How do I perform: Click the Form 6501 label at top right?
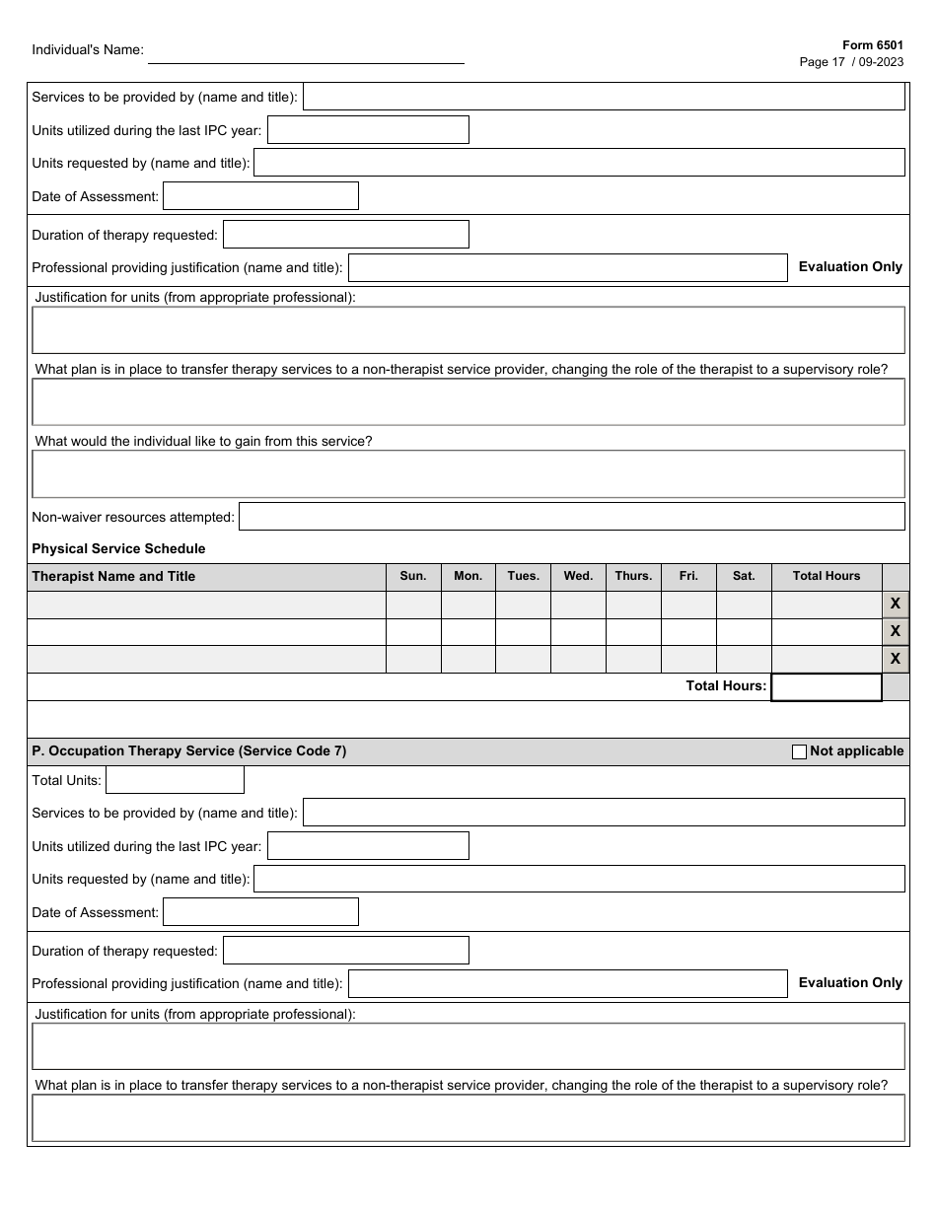click(x=872, y=45)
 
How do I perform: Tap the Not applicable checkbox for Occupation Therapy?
click(x=799, y=751)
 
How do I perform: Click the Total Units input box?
click(x=175, y=780)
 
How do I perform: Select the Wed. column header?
click(x=578, y=576)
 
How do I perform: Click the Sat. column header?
click(x=744, y=576)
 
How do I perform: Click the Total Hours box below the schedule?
click(x=826, y=686)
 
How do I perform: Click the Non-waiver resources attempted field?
click(x=571, y=517)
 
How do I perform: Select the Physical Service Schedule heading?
click(x=118, y=548)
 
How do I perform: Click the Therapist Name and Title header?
click(x=113, y=576)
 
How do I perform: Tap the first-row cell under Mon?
click(x=468, y=605)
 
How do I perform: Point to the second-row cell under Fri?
click(x=688, y=632)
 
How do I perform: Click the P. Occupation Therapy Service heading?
click(x=189, y=751)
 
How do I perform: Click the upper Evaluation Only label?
click(x=850, y=266)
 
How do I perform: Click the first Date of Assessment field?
click(x=260, y=196)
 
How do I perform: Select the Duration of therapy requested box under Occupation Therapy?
click(x=345, y=951)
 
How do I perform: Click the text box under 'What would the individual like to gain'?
click(x=468, y=474)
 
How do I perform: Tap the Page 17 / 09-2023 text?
click(x=850, y=61)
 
